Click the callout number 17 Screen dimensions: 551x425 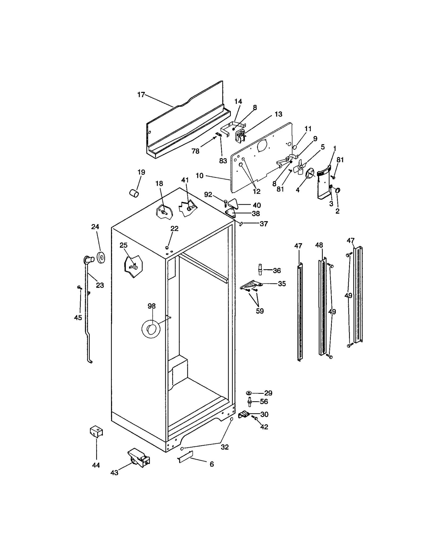coord(141,95)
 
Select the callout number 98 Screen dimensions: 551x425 coord(151,306)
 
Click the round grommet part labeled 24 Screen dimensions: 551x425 coord(101,258)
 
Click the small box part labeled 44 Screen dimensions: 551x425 coord(96,432)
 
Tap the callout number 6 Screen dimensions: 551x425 coord(212,464)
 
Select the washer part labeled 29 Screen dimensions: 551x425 coord(249,393)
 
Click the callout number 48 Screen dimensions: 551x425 coord(319,245)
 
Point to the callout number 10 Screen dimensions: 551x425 coord(199,176)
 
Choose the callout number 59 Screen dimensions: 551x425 coord(260,311)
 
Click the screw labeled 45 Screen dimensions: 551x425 coord(79,287)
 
